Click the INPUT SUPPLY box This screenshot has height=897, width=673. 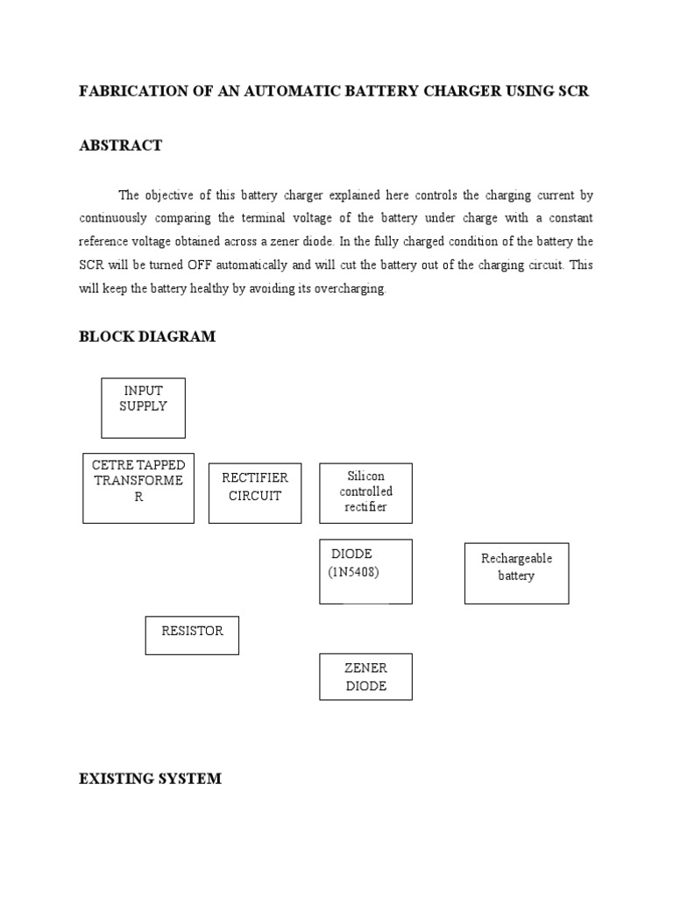(143, 407)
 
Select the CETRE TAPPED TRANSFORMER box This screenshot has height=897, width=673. (138, 488)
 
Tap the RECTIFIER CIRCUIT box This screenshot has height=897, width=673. (255, 493)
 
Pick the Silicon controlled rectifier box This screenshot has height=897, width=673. (365, 492)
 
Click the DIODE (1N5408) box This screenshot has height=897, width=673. (365, 571)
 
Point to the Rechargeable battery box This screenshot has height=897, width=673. (516, 573)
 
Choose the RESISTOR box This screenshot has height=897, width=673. (192, 635)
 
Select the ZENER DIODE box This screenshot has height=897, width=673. (365, 676)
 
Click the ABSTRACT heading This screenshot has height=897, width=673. (121, 145)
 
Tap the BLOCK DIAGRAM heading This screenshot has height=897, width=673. (147, 336)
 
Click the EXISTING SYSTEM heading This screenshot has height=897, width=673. (150, 778)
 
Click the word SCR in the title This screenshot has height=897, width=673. (572, 91)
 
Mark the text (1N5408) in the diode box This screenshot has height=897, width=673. (355, 572)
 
